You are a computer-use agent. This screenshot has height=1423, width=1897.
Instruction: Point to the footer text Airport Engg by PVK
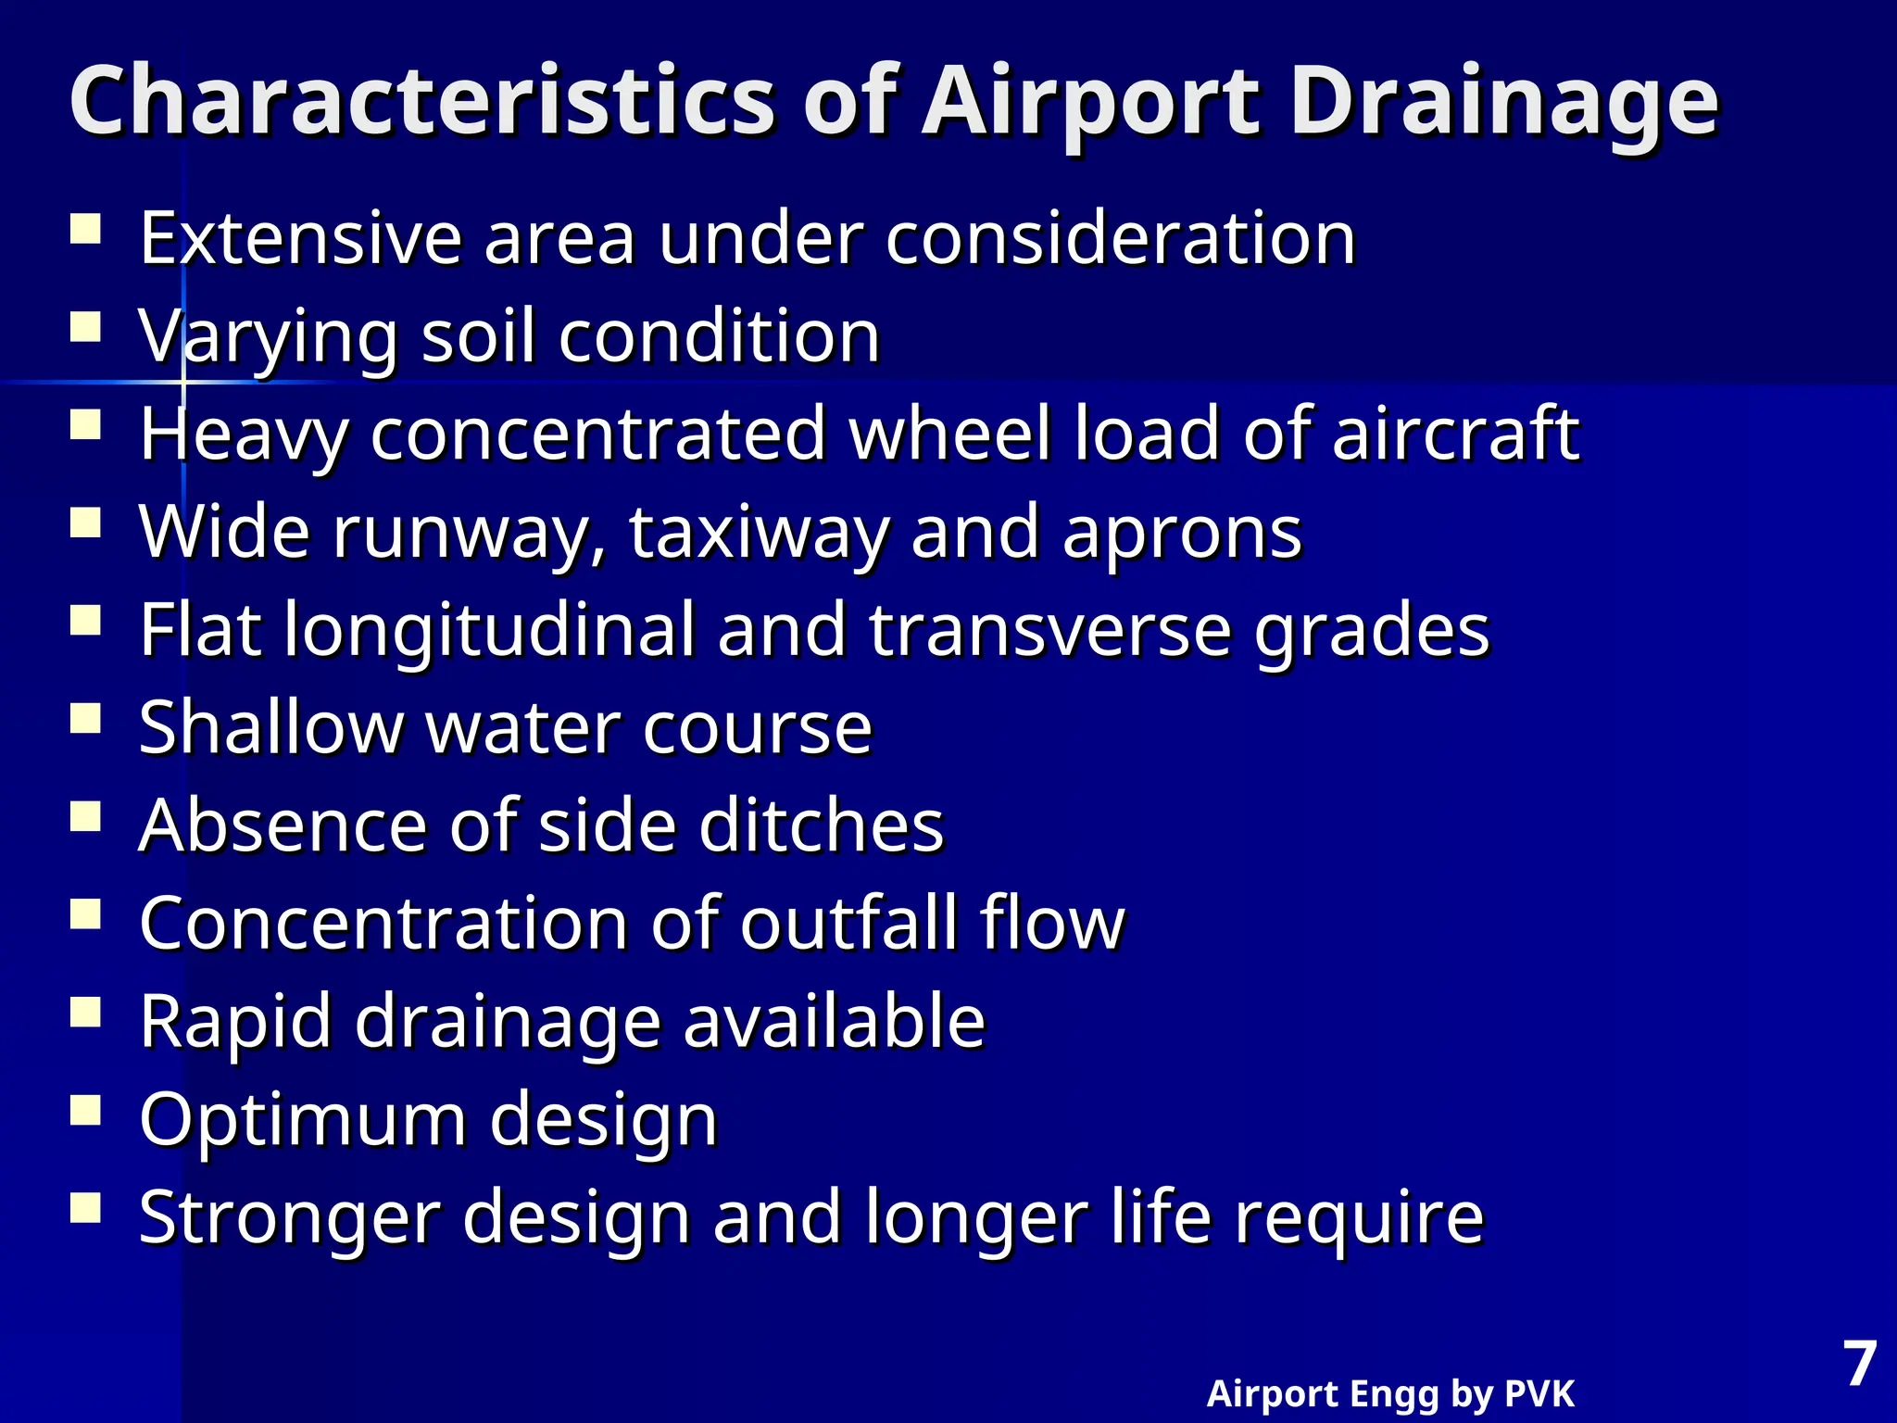1390,1393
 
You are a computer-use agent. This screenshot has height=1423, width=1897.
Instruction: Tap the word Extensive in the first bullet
300,238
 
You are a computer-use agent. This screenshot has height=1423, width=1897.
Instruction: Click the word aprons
1182,535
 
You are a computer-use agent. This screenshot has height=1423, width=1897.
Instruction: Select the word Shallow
270,727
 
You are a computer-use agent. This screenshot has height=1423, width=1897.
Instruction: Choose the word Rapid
235,1022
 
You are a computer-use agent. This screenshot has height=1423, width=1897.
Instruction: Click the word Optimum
302,1120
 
